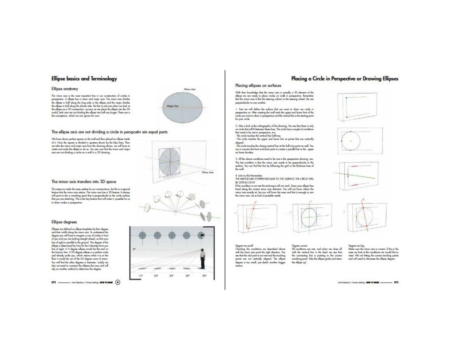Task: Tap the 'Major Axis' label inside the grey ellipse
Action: pos(173,105)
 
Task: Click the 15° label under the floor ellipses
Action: pos(140,275)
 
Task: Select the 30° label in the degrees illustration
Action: pos(172,275)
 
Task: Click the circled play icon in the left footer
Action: pos(118,282)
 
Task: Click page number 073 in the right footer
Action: pos(396,283)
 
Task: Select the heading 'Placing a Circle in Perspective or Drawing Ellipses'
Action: pos(345,79)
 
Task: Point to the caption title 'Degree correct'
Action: pos(301,246)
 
